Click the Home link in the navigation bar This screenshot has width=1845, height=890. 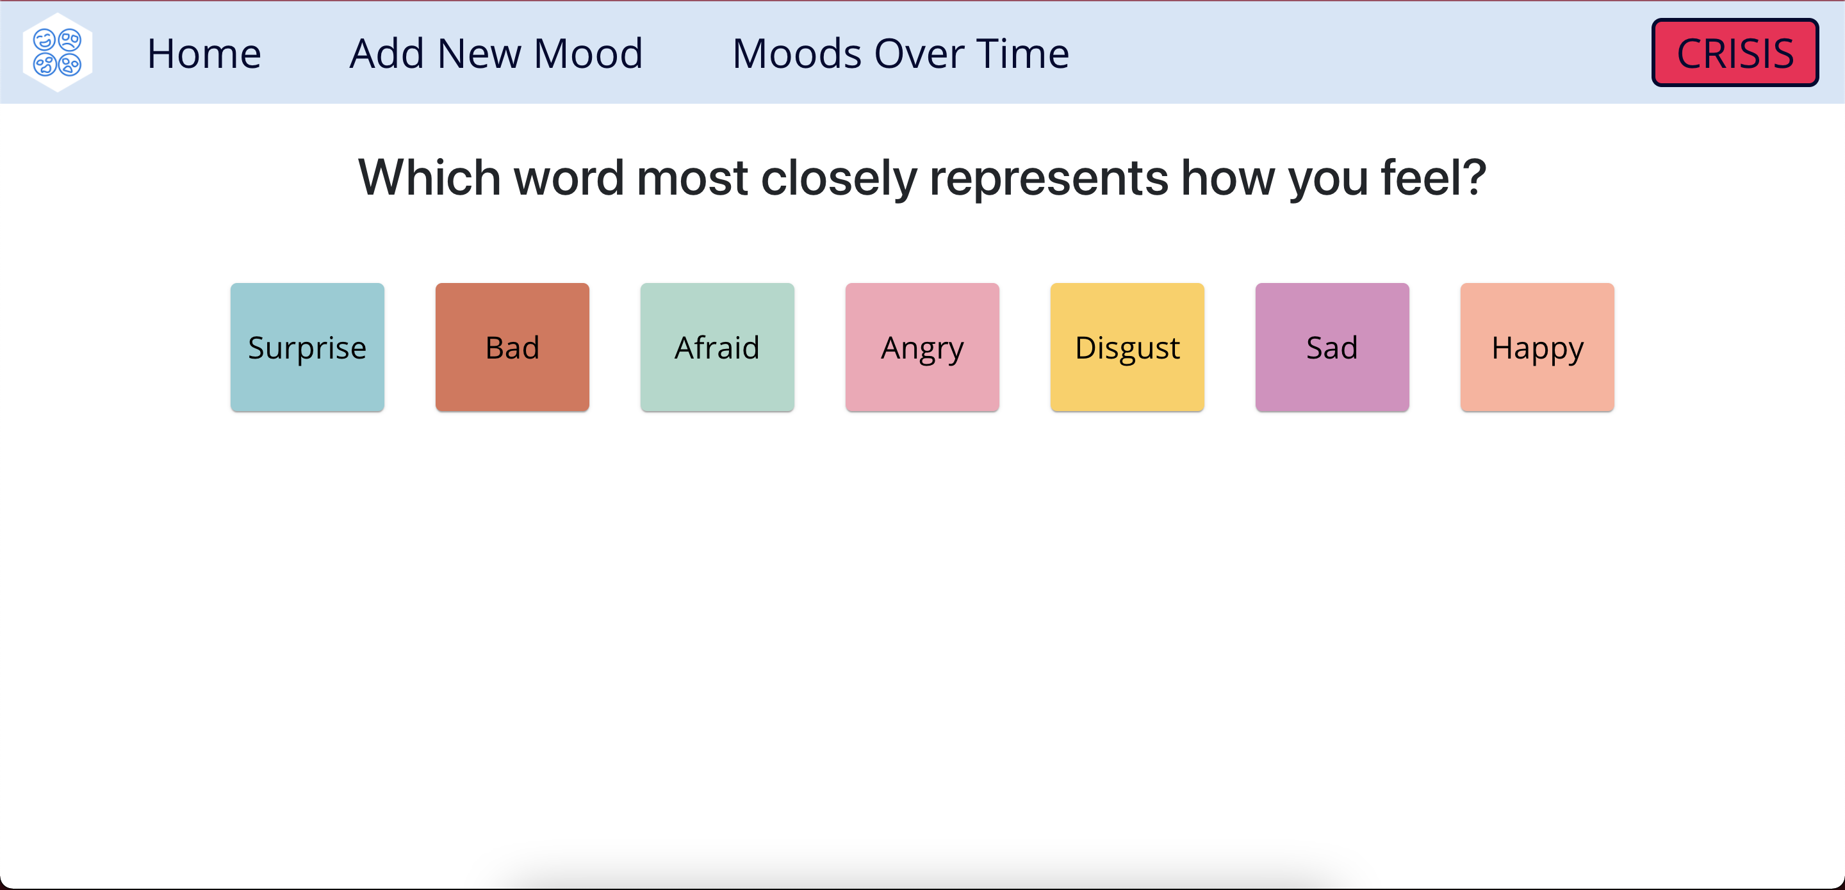204,54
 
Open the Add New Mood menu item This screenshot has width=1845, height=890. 496,54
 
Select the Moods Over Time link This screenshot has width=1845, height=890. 901,54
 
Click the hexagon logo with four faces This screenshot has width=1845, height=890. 57,53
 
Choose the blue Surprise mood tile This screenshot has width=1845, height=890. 307,347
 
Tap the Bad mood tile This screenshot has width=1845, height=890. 512,347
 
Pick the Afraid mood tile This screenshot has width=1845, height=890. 717,347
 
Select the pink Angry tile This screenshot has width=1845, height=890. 922,347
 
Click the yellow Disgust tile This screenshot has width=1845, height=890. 1127,347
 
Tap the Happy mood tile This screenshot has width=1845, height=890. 1537,347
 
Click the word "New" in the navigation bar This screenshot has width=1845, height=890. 479,54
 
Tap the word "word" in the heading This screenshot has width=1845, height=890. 569,177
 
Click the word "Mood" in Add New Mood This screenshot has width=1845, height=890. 588,54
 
